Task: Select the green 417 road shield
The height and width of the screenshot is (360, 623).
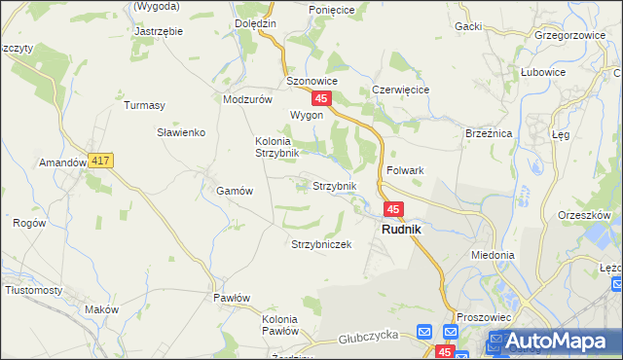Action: click(100, 161)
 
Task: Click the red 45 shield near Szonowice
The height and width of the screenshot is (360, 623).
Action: click(322, 99)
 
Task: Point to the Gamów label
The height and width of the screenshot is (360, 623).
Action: click(235, 192)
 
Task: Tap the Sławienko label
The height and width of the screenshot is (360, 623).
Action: click(180, 132)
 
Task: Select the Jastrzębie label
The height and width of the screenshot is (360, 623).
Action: click(159, 31)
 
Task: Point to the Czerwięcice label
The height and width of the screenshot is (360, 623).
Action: click(401, 90)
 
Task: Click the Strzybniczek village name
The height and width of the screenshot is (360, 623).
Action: click(320, 244)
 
